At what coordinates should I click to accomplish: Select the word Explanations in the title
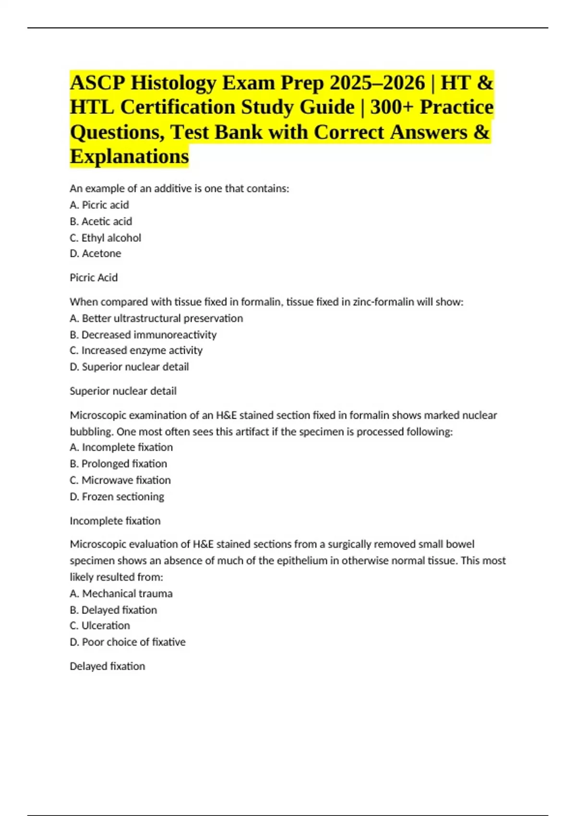coord(129,156)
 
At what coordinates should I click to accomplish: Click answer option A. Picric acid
coord(99,205)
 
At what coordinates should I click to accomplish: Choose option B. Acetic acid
coord(101,221)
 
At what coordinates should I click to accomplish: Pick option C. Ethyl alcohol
coord(105,238)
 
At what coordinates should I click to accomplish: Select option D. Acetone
coord(96,253)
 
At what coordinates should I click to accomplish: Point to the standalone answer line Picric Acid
coord(94,277)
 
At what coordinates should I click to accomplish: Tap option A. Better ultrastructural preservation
coord(156,318)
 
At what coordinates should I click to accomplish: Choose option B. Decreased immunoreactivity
coord(143,335)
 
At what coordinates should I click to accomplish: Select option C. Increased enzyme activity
coord(136,350)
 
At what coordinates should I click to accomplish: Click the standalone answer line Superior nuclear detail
coord(123,391)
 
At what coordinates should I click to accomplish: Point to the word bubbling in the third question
coord(91,432)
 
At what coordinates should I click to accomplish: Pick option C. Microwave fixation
coord(120,480)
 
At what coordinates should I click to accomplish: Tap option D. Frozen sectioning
coord(117,496)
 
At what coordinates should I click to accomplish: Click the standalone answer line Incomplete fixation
coord(115,521)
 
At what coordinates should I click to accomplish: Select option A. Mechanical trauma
coord(121,593)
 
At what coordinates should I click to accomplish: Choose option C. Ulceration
coord(100,625)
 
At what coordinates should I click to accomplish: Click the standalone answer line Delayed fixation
coord(107,666)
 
